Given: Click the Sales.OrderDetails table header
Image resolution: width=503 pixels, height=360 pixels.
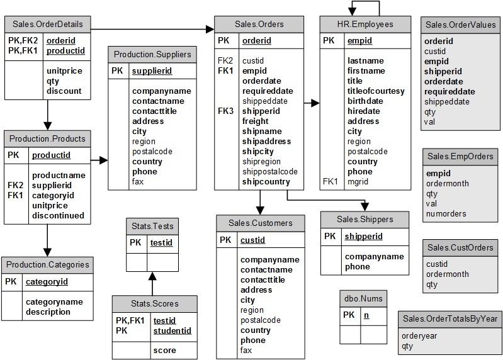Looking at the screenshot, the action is [48, 25].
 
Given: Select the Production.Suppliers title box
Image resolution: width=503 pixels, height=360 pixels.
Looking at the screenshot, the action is [152, 55].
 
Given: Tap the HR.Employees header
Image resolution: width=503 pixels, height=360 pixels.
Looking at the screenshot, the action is [365, 25].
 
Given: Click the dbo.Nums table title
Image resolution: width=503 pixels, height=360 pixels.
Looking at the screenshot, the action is [363, 299].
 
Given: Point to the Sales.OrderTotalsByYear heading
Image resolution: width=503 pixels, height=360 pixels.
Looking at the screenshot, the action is [450, 319].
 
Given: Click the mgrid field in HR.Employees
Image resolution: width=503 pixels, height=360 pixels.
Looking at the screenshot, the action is [358, 182].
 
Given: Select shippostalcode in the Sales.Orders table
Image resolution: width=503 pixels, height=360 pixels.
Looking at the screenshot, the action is [270, 172].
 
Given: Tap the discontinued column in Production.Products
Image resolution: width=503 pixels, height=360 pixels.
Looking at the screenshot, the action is [58, 215].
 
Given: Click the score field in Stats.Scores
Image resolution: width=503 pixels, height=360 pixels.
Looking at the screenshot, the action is [164, 351].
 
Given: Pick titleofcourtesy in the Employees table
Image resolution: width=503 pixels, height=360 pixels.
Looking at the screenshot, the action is [376, 91].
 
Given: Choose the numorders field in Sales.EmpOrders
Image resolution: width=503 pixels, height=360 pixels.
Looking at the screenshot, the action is [446, 214].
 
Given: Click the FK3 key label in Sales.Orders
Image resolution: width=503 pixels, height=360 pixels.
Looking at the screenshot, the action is [225, 111].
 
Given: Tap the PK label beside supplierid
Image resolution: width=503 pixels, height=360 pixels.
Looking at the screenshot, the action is [117, 71].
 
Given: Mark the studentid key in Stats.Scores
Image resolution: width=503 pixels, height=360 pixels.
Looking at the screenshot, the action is [172, 331].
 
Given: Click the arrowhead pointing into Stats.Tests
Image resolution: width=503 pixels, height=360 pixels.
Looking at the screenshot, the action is [152, 276].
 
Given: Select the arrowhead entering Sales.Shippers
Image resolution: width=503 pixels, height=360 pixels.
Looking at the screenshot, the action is [365, 207].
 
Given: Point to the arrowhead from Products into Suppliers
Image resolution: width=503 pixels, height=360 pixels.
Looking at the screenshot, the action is [104, 160].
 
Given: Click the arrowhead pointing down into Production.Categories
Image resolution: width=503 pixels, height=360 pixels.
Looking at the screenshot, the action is [47, 252].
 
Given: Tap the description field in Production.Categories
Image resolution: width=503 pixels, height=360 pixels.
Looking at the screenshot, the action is [48, 312].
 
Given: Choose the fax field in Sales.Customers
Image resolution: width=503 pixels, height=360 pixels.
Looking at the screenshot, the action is [246, 351].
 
